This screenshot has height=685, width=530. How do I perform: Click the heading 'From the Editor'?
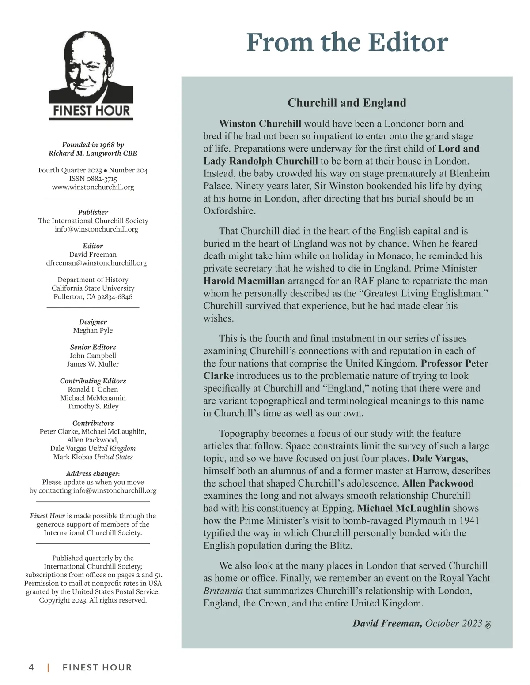pos(347,42)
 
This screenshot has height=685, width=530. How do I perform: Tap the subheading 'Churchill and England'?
pos(347,103)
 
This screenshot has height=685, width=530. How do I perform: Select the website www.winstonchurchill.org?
pos(93,187)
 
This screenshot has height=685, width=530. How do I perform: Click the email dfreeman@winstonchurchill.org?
pos(96,263)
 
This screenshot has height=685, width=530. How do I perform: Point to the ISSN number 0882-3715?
pos(101,179)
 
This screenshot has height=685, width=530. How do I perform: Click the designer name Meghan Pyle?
pos(93,330)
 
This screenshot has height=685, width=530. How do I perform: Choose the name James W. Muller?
pos(93,364)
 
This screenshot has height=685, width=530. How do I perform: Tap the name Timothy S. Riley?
pos(93,406)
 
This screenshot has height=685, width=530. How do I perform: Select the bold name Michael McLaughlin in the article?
pos(404,508)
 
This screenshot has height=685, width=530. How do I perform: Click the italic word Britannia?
pos(223,591)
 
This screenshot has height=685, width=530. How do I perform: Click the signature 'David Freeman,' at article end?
pos(387,623)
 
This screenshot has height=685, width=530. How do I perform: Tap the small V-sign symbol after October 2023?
pos(488,624)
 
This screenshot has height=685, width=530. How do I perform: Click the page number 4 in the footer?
pos(31,667)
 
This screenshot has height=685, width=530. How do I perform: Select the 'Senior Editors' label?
pos(93,347)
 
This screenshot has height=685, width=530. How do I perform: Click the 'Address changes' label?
pos(92,474)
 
